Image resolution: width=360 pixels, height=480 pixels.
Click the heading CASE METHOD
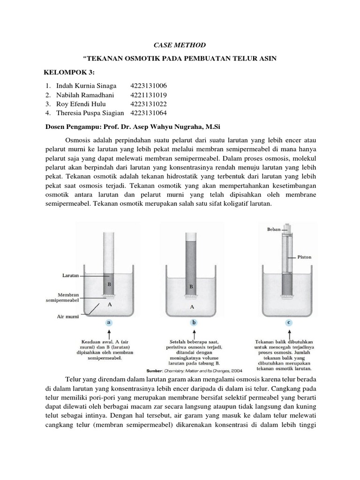[180, 45]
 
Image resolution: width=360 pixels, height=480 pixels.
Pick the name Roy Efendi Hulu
[81, 104]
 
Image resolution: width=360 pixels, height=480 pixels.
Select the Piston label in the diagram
[304, 257]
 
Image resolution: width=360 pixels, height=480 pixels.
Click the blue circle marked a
[109, 322]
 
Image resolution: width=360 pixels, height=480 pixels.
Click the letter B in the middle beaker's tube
[191, 285]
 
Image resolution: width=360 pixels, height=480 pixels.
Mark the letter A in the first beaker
[110, 304]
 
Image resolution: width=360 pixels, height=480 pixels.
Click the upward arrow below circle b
[192, 335]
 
